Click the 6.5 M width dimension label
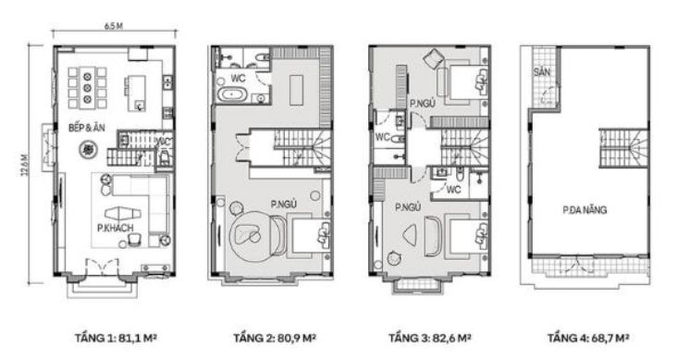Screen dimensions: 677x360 click(x=114, y=26)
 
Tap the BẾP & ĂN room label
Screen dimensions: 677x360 click(x=87, y=128)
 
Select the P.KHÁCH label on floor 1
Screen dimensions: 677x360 click(x=116, y=228)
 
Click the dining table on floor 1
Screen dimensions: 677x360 click(x=87, y=88)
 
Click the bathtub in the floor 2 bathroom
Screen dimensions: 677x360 click(x=231, y=94)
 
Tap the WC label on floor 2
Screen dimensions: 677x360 click(x=238, y=79)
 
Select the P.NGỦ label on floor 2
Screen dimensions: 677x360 click(x=284, y=205)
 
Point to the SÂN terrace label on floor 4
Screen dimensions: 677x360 click(x=542, y=71)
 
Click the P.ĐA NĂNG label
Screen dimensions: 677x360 click(x=585, y=210)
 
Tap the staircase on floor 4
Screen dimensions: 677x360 click(x=623, y=147)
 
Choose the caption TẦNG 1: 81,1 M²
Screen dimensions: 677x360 click(x=116, y=338)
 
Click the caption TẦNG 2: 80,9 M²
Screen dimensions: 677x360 click(x=275, y=338)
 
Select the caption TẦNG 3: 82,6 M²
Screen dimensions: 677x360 click(x=430, y=338)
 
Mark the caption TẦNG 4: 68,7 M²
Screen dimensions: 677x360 click(x=588, y=338)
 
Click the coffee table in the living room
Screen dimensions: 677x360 click(x=123, y=214)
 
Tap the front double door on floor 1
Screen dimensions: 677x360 click(x=102, y=266)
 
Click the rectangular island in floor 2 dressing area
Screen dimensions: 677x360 click(x=296, y=90)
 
